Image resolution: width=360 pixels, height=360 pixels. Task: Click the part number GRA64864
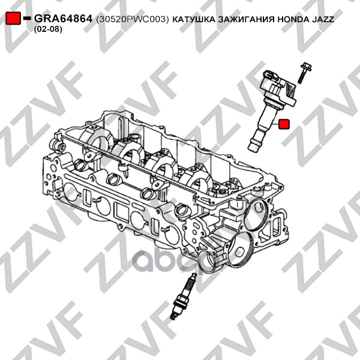tap(63, 19)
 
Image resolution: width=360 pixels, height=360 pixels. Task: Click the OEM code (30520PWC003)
tap(133, 19)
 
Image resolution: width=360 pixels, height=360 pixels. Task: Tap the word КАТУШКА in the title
tap(194, 19)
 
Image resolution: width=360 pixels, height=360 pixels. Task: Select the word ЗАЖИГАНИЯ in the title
tap(246, 19)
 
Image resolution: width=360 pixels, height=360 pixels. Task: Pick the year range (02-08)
tap(48, 29)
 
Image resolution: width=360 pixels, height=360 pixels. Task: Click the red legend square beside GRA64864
tap(13, 18)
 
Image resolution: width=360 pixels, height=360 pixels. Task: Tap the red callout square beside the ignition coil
tap(284, 124)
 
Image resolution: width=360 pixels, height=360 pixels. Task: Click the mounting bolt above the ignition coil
tap(304, 73)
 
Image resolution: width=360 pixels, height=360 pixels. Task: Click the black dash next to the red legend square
tap(27, 17)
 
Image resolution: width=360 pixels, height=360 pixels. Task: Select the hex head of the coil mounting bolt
tap(307, 66)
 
